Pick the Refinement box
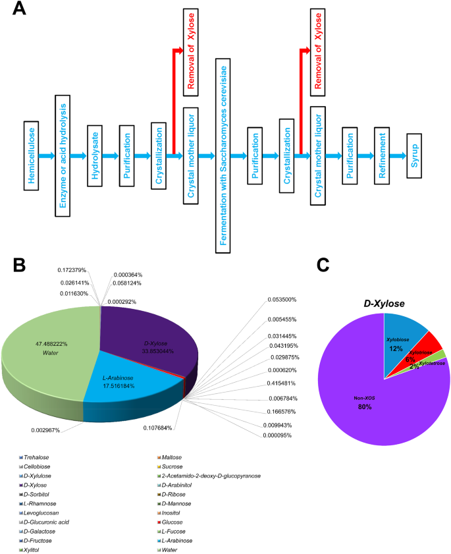pyautogui.click(x=383, y=155)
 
